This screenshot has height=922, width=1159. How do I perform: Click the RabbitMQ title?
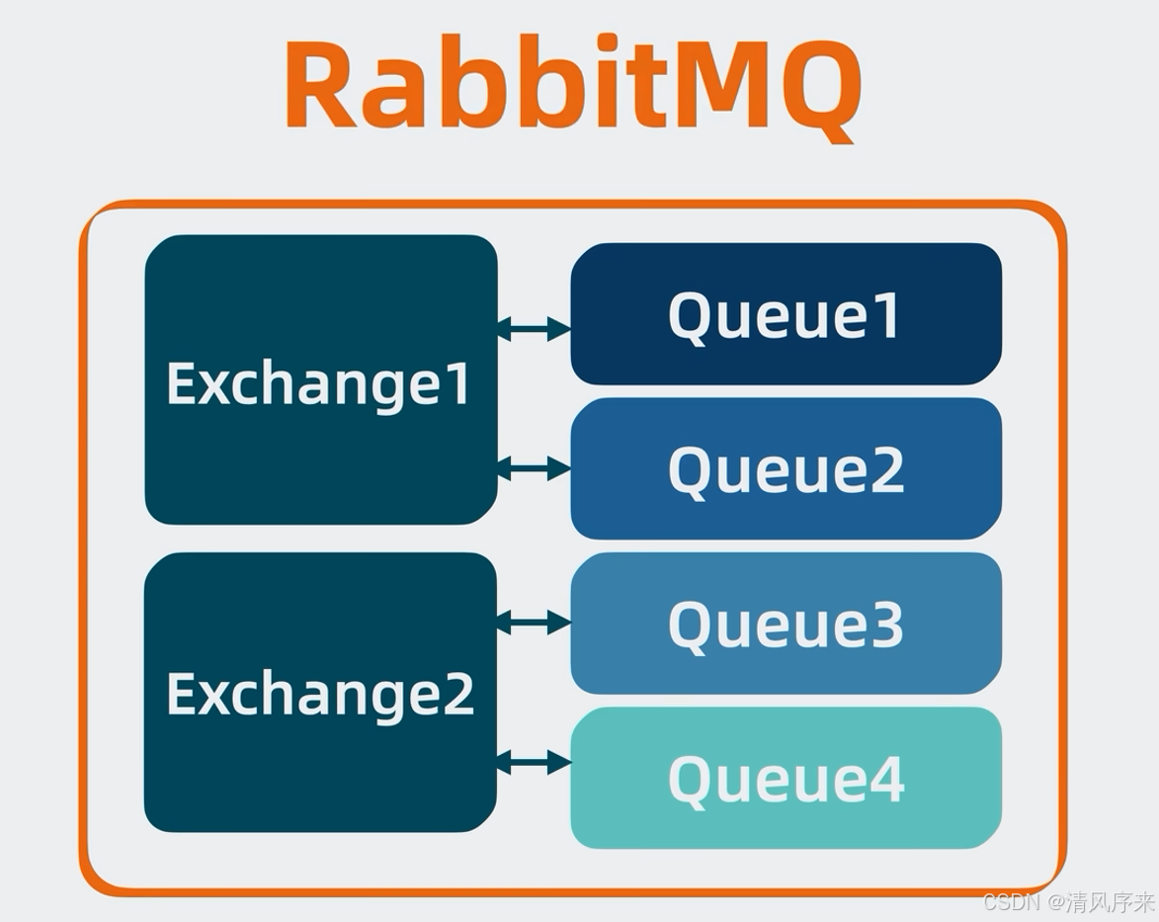[x=572, y=86]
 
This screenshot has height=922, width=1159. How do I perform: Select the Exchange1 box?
[x=320, y=379]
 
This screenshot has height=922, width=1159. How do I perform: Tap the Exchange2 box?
[x=320, y=692]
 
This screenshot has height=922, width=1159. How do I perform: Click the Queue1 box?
[x=786, y=314]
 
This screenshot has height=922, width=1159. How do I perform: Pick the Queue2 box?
[x=786, y=468]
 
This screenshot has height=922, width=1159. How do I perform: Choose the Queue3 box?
[x=786, y=623]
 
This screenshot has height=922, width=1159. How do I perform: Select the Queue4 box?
[x=786, y=778]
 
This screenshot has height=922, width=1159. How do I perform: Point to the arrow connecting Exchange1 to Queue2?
[x=534, y=468]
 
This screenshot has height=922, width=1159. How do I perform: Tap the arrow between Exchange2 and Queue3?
[x=534, y=622]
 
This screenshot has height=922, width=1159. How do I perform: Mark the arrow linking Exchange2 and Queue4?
[x=534, y=762]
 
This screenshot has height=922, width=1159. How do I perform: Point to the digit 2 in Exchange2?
[x=456, y=694]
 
